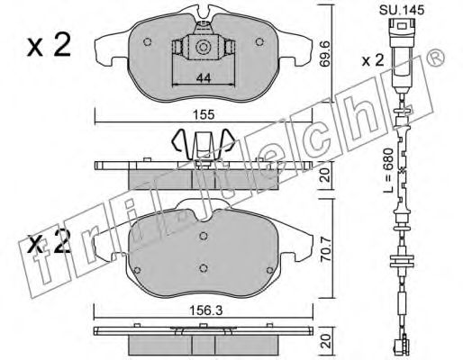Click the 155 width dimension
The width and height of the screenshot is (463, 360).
point(204,114)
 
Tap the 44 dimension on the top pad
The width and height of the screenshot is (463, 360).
point(204,78)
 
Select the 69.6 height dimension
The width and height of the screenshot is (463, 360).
point(324,55)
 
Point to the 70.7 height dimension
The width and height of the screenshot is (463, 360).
point(325,249)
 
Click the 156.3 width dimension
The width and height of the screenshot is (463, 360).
point(205,310)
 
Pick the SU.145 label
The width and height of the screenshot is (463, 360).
point(402,10)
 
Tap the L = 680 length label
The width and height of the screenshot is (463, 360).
point(388,170)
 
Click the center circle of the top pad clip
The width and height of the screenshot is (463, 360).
point(202,48)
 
